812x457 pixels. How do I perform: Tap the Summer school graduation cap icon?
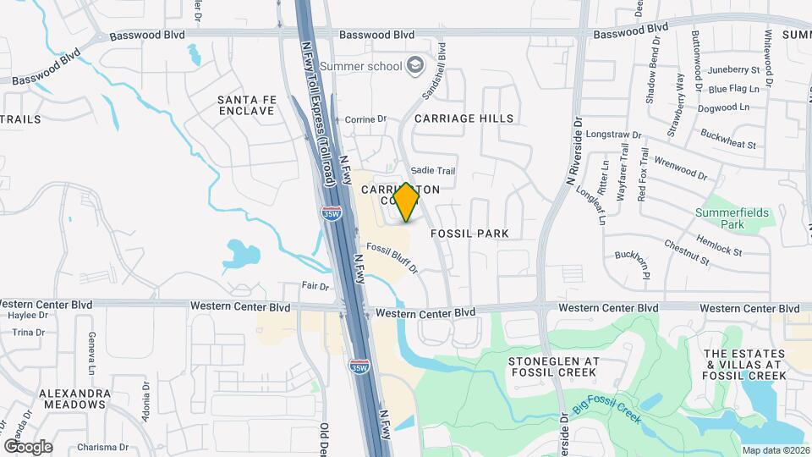[415, 65]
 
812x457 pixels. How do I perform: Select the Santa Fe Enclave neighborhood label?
[246, 105]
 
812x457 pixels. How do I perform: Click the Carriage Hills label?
[464, 118]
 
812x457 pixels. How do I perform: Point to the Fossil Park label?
[469, 232]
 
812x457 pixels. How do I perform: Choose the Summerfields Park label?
[732, 218]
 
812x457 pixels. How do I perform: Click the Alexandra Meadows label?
[74, 399]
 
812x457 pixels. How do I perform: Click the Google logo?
[28, 446]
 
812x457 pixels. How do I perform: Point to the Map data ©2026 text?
[776, 450]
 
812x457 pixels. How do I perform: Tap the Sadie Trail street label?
[432, 171]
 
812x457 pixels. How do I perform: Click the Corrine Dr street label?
[365, 119]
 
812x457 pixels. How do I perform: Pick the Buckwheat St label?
[728, 139]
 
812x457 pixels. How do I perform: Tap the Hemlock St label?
[720, 245]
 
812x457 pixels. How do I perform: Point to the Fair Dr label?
[315, 286]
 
